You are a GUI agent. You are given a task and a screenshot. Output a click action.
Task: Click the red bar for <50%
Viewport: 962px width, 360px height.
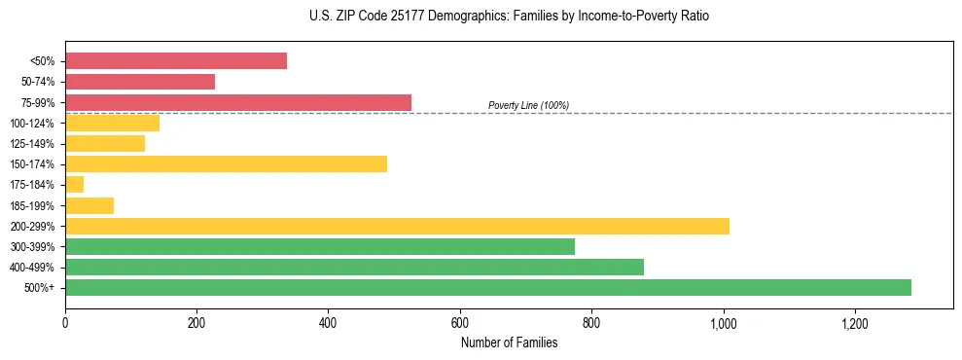click(176, 61)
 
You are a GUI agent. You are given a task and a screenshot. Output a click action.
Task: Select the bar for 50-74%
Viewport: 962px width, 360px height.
click(140, 82)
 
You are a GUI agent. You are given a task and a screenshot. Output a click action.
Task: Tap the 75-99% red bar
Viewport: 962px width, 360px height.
click(238, 102)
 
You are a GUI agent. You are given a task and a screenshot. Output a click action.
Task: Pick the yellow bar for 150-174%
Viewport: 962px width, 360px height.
click(226, 164)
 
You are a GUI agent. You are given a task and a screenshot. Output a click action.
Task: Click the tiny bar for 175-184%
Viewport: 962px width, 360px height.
click(75, 185)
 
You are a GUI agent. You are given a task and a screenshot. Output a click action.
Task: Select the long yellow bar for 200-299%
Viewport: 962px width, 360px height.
click(397, 226)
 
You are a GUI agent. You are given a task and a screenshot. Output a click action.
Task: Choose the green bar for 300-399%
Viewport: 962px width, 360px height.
click(320, 246)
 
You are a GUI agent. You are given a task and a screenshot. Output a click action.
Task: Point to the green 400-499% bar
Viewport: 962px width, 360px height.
click(354, 267)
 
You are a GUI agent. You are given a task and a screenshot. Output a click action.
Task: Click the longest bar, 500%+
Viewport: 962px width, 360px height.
click(488, 287)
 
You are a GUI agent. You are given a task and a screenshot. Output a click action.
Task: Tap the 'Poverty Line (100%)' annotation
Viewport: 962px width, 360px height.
click(528, 105)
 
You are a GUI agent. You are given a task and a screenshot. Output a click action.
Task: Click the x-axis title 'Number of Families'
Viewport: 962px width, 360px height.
click(509, 342)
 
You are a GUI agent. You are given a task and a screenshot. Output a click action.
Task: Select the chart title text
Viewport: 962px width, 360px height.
click(510, 17)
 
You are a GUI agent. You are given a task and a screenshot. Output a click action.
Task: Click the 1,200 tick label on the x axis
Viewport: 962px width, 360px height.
click(855, 322)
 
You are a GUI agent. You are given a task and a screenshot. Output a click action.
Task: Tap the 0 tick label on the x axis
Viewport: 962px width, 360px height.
click(65, 322)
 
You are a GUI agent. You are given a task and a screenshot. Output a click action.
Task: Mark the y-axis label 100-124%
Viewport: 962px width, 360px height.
click(33, 124)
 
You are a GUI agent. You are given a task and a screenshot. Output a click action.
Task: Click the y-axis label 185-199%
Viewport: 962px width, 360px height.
click(33, 205)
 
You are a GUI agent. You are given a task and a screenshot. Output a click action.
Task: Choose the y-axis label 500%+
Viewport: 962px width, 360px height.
click(40, 288)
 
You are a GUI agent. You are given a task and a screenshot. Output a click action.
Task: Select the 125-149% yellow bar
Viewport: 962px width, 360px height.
click(105, 144)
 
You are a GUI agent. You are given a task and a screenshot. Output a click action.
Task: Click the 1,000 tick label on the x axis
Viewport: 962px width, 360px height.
click(724, 322)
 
